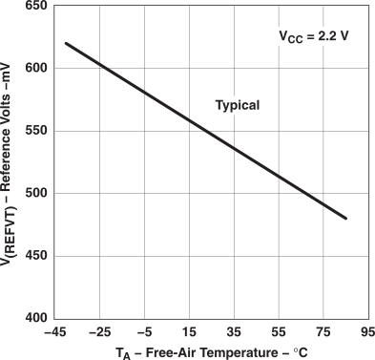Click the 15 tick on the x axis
point(190,332)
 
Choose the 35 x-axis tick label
point(235,332)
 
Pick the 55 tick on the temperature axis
point(281,332)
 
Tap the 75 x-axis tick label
point(325,332)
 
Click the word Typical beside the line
point(236,105)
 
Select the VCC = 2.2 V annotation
point(314,37)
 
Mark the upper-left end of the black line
point(66,43)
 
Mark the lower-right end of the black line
point(346,219)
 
